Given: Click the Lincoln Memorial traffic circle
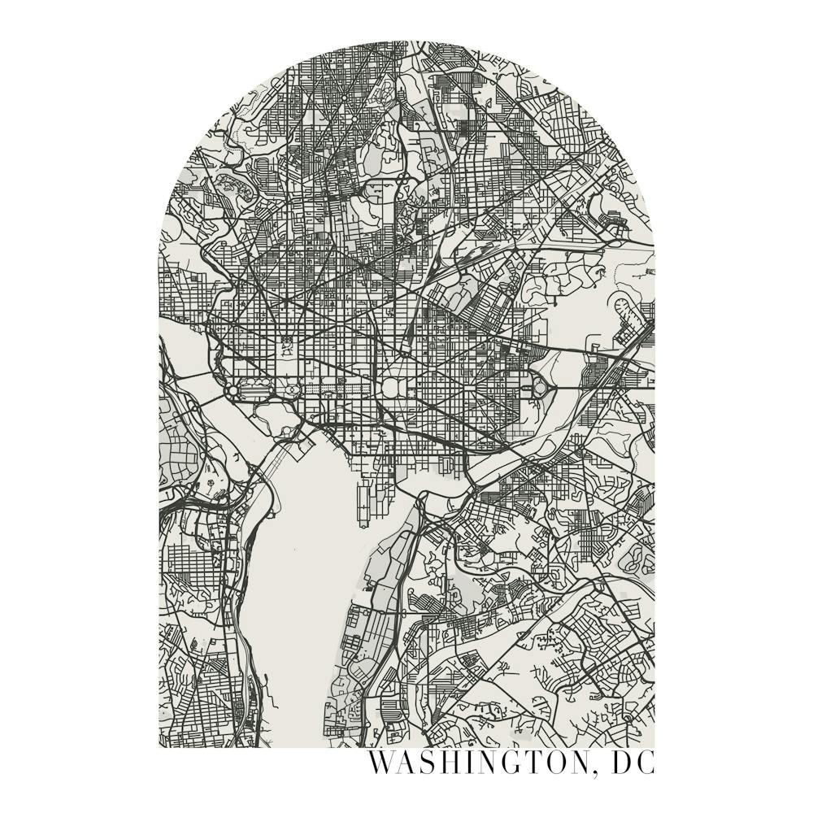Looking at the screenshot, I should click(x=234, y=391).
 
